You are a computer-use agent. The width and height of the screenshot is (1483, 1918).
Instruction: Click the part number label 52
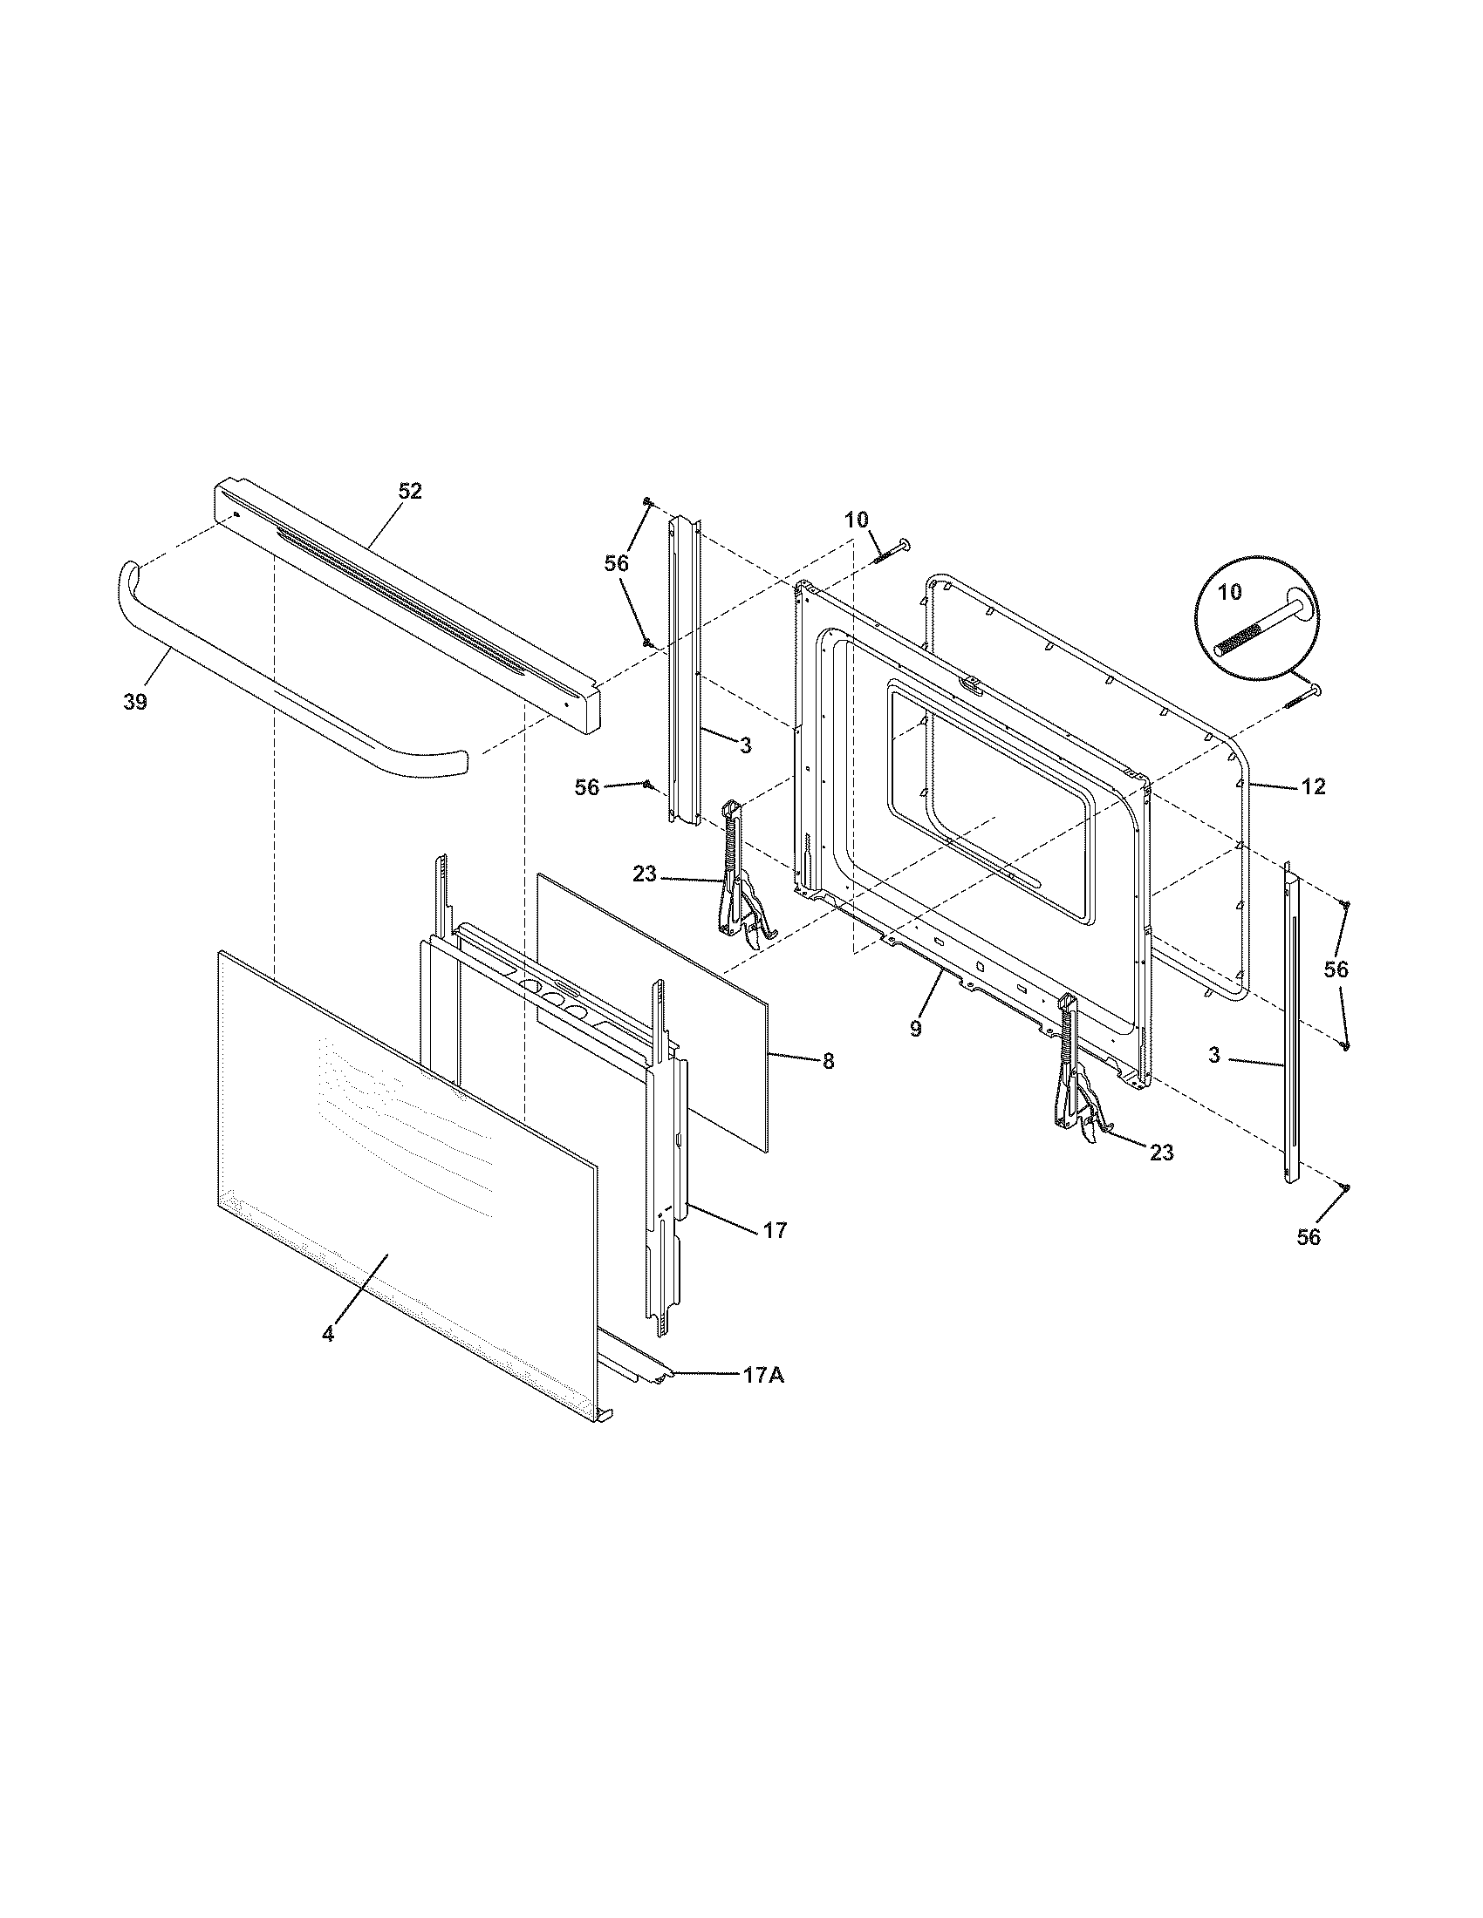point(410,492)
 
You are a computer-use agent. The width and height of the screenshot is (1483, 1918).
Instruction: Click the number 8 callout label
point(828,1061)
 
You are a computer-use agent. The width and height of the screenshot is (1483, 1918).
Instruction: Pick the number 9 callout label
point(915,1030)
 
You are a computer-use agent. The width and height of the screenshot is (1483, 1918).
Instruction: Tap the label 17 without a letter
point(774,1230)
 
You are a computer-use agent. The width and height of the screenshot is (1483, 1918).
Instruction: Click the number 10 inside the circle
point(1231,592)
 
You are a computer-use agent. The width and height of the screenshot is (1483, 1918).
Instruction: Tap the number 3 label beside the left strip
point(745,745)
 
